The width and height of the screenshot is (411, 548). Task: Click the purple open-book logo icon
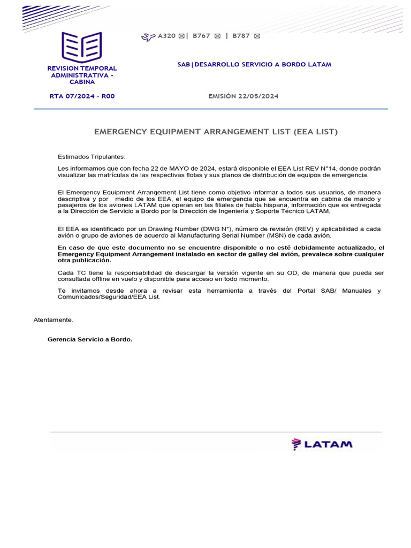pyautogui.click(x=81, y=47)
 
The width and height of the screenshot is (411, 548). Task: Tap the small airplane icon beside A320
pyautogui.click(x=148, y=36)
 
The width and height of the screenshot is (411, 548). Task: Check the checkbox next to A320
pyautogui.click(x=181, y=36)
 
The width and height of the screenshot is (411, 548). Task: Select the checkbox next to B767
pyautogui.click(x=217, y=36)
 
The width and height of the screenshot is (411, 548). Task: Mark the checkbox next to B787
pyautogui.click(x=257, y=36)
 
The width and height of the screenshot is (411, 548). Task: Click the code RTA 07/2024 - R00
pyautogui.click(x=82, y=96)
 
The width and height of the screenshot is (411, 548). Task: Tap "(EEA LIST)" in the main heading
pyautogui.click(x=315, y=131)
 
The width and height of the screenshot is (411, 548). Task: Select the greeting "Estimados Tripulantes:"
pyautogui.click(x=92, y=157)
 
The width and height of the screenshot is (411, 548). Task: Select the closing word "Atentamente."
pyautogui.click(x=54, y=320)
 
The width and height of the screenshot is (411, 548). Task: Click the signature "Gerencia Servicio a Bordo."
pyautogui.click(x=90, y=339)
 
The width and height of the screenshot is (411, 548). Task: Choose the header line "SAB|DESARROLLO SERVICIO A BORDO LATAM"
pyautogui.click(x=254, y=64)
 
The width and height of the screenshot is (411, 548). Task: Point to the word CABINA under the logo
pyautogui.click(x=82, y=82)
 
